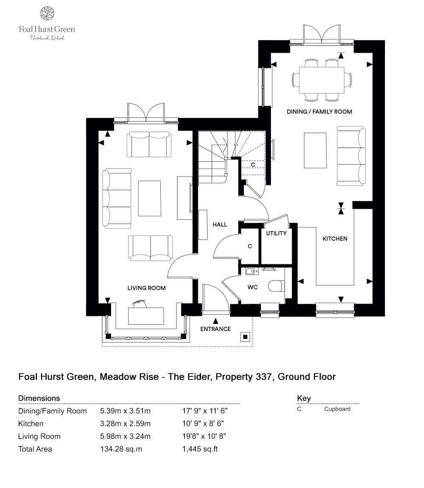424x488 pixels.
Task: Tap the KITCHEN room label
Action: point(335,239)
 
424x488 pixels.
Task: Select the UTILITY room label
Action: point(276,233)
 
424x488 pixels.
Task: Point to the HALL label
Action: point(220,224)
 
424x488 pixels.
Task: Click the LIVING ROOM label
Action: point(146,288)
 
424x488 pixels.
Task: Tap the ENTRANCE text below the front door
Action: point(215,329)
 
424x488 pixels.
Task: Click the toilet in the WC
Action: point(276,286)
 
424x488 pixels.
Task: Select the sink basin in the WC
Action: point(251,271)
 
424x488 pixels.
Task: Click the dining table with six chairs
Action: point(322,80)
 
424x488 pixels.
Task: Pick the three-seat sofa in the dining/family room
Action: point(351,156)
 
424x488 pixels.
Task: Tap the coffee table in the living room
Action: point(150,198)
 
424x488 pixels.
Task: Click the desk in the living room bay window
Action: point(146,316)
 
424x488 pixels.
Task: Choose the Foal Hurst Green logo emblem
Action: point(47,14)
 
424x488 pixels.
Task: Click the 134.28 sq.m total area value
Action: point(121,449)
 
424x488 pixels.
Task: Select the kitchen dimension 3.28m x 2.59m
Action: point(125,423)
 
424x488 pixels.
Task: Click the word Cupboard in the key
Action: point(337,409)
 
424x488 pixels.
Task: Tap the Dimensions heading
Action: point(39,398)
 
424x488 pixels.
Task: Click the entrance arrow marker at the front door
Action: point(215,321)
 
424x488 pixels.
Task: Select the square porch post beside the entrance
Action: point(245,337)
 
